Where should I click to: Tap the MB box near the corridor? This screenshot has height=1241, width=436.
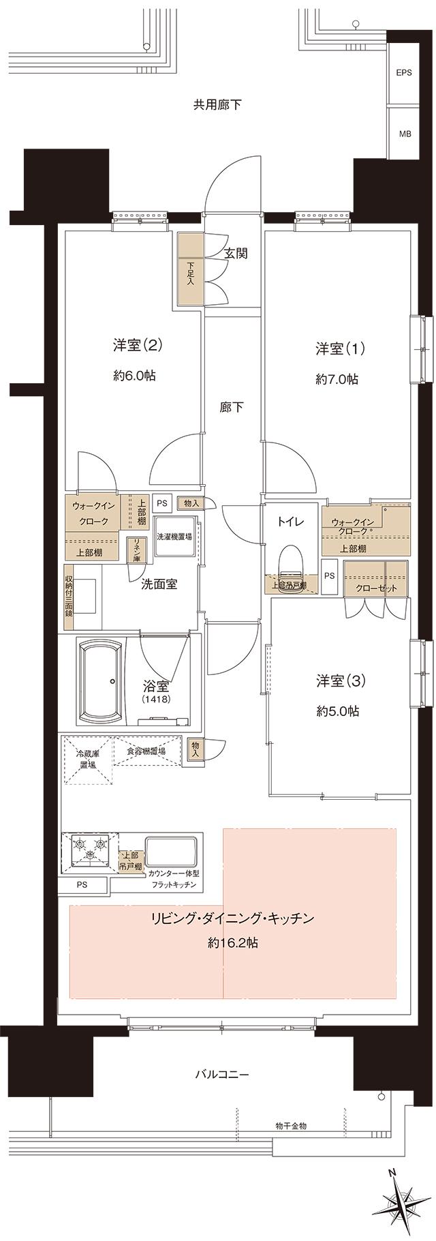(x=405, y=134)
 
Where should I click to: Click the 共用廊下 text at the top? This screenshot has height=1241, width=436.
(x=217, y=105)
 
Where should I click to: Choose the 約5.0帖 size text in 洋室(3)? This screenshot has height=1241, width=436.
(x=338, y=711)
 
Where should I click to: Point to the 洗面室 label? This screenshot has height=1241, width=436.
(x=159, y=584)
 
